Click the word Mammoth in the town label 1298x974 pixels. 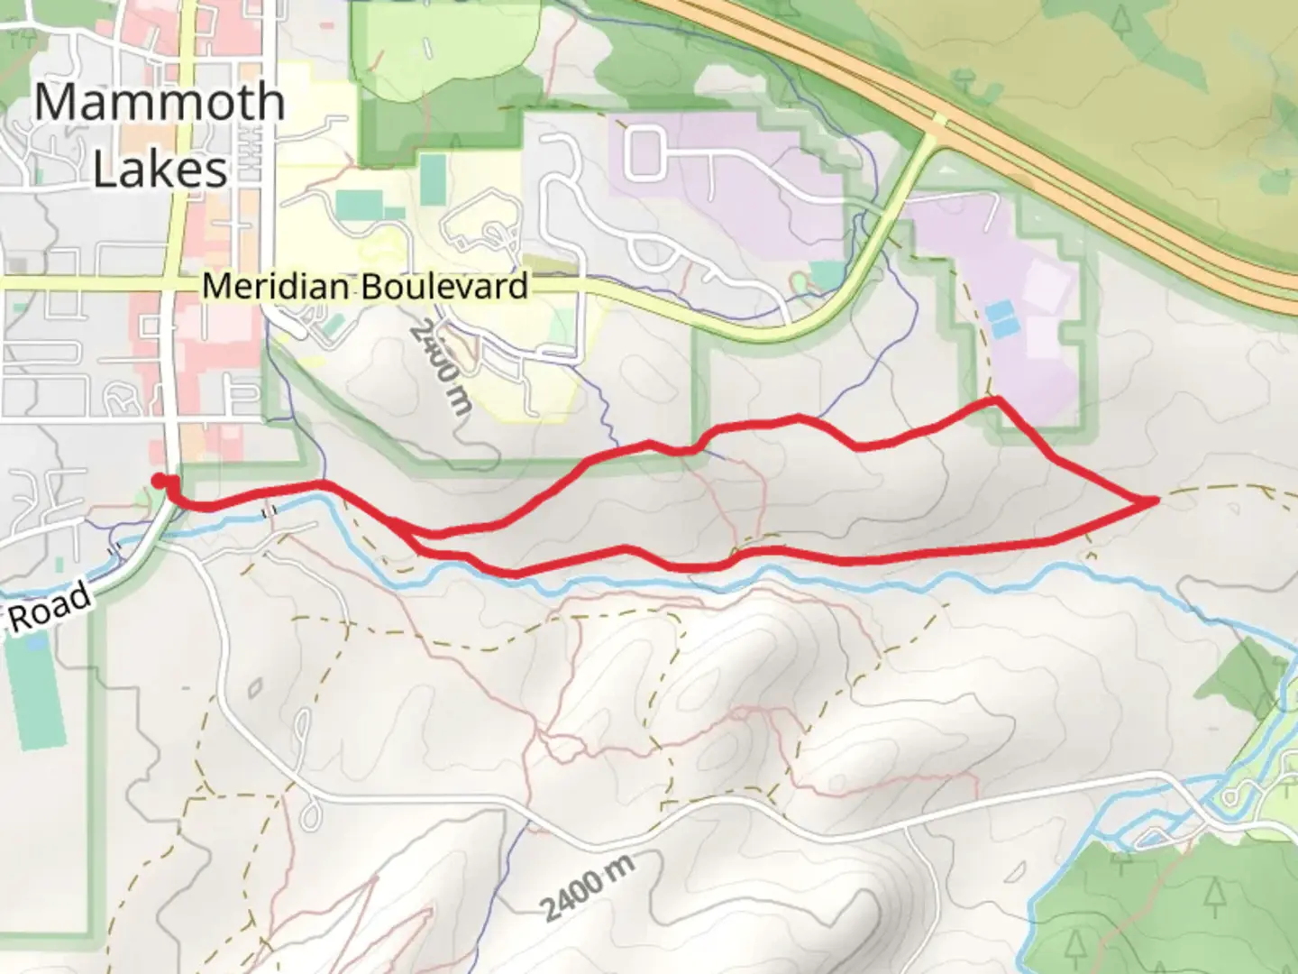pyautogui.click(x=160, y=102)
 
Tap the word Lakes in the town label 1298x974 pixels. pyautogui.click(x=160, y=169)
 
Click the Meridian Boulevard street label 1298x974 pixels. pyautogui.click(x=364, y=286)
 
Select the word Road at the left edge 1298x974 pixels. pyautogui.click(x=50, y=606)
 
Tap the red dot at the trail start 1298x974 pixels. pyautogui.click(x=159, y=480)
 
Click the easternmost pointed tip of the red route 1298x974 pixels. pyautogui.click(x=1155, y=499)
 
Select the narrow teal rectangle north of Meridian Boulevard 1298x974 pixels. pyautogui.click(x=432, y=179)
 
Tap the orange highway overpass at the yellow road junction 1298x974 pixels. pyautogui.click(x=939, y=120)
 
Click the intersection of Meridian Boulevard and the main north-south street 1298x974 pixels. pyautogui.click(x=172, y=284)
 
